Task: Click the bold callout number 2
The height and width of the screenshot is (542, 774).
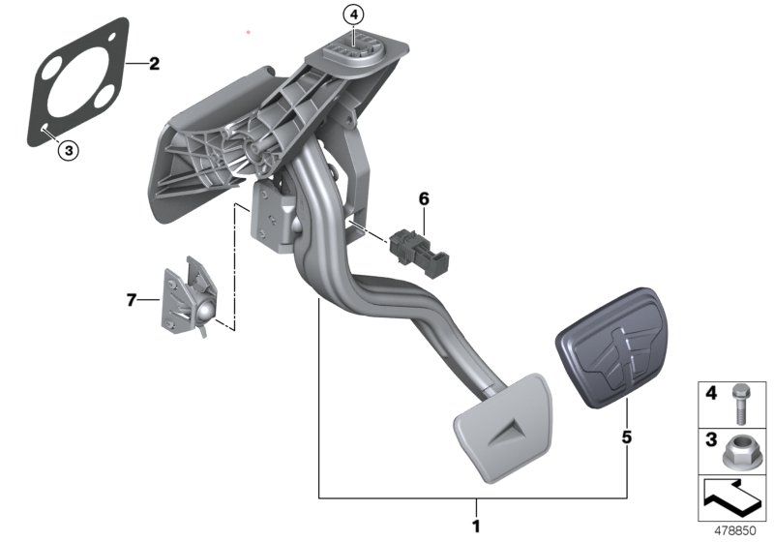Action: [x=154, y=66]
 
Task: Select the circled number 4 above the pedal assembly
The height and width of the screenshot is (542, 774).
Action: [x=354, y=15]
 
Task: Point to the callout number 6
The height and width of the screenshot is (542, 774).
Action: [x=422, y=199]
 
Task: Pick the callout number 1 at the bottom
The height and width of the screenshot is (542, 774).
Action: [x=474, y=527]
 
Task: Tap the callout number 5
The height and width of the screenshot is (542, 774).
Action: [x=627, y=437]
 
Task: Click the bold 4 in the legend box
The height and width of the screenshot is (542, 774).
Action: [x=710, y=394]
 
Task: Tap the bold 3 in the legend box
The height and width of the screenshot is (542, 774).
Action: [x=710, y=439]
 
